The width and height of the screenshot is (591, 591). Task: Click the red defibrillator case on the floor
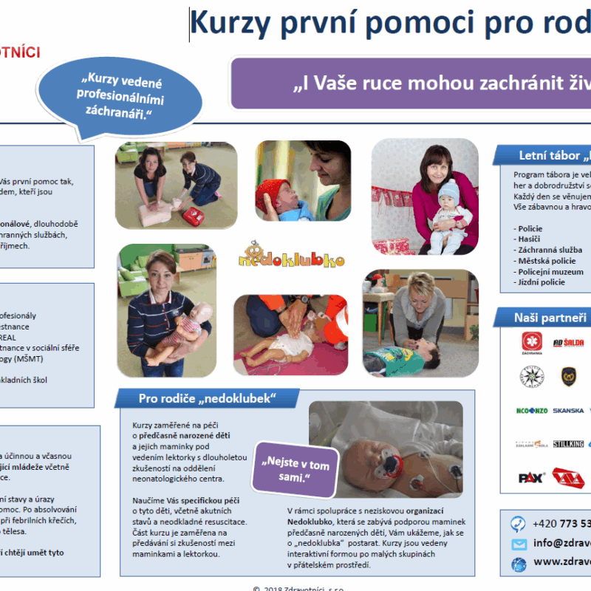(x=193, y=216)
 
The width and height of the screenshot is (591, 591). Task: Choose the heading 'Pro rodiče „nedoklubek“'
(x=207, y=399)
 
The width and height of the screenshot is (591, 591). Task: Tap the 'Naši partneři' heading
(x=550, y=318)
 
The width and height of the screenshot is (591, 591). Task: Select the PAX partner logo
(x=532, y=476)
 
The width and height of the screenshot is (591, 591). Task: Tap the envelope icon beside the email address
(x=519, y=544)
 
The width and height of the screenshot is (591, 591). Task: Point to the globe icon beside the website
(x=519, y=564)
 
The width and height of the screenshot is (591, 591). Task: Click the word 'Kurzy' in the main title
(x=224, y=24)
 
